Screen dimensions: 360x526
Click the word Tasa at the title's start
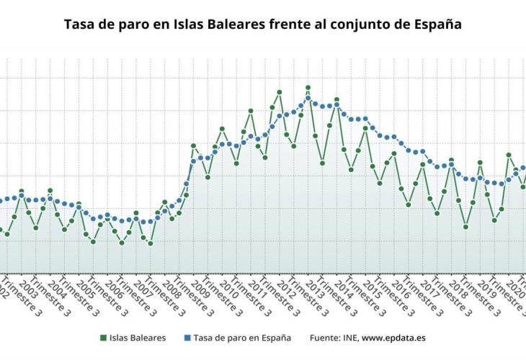pyautogui.click(x=79, y=24)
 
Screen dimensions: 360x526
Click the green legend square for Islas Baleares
pyautogui.click(x=104, y=337)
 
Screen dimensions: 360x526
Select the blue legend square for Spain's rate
pyautogui.click(x=187, y=337)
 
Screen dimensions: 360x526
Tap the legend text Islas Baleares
pyautogui.click(x=138, y=337)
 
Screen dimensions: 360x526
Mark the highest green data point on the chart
pyautogui.click(x=308, y=88)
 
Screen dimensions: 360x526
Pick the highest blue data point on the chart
pyautogui.click(x=308, y=98)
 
